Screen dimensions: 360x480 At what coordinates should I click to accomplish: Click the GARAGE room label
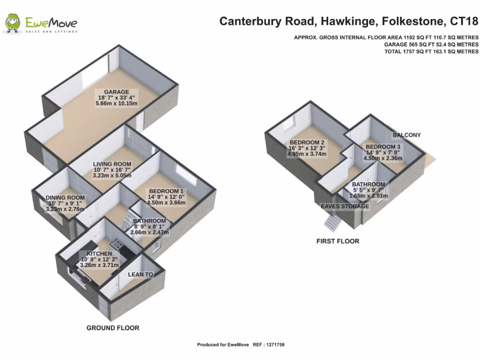coord(116,92)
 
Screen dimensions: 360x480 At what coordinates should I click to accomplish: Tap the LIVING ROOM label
coord(112,164)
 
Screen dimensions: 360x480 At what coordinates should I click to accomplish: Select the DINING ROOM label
coord(65,198)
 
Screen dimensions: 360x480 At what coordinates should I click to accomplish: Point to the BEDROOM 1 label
coord(166,191)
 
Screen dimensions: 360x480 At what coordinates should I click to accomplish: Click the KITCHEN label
coord(96,254)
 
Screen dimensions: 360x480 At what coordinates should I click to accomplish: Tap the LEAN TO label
coord(141,274)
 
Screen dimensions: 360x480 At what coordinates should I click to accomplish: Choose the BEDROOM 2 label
coord(307,142)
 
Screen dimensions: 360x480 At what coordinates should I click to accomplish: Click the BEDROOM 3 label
coord(383,146)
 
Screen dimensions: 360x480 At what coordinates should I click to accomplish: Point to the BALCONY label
coord(406,135)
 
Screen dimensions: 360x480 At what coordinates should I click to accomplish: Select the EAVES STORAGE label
coord(345,206)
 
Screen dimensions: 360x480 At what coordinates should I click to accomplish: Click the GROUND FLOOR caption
coord(112,328)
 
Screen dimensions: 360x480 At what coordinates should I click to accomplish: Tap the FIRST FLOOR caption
coord(337,241)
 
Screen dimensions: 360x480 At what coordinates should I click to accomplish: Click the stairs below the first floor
coord(332,222)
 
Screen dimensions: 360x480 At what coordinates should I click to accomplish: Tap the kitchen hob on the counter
coord(115,244)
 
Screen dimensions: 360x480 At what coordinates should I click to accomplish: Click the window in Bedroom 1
coord(183,175)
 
